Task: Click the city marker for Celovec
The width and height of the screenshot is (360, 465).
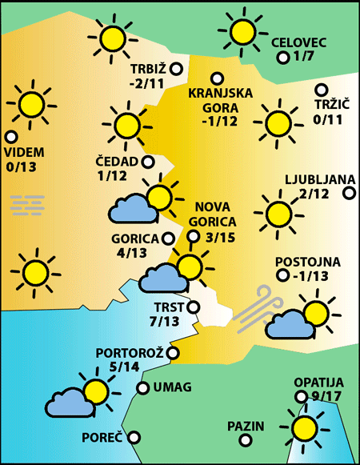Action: pos(282,58)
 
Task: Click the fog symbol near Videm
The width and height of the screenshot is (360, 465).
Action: pos(27,205)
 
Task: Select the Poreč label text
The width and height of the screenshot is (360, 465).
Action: pos(102,438)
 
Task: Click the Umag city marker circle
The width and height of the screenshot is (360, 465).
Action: pos(142,388)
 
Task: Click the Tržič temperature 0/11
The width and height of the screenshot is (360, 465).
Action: pos(328,119)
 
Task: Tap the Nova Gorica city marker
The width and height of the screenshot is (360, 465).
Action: pos(193,236)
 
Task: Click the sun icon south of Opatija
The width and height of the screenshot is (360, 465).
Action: pos(305,427)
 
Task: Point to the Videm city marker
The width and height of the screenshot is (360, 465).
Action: pos(10,136)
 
